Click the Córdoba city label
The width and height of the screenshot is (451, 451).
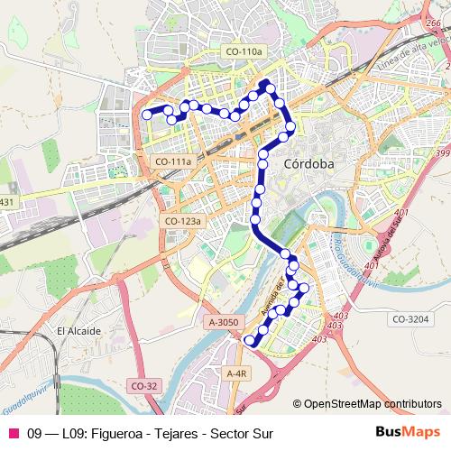point(308,164)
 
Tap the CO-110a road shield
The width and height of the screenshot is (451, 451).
point(244,53)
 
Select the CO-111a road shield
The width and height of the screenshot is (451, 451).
point(173,161)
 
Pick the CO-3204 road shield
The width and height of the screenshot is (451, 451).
point(412,318)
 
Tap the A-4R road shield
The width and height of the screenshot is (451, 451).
point(236,373)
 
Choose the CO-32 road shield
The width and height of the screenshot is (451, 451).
point(144,385)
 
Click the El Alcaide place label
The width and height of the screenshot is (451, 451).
point(78,331)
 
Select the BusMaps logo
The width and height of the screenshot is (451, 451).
point(407,432)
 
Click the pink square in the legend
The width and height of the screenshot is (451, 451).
point(13,433)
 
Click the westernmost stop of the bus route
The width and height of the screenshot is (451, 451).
point(147,115)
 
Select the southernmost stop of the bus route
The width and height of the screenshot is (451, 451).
point(250,339)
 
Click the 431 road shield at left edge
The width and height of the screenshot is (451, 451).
point(6,202)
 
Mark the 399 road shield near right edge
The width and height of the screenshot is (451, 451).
point(442,155)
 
